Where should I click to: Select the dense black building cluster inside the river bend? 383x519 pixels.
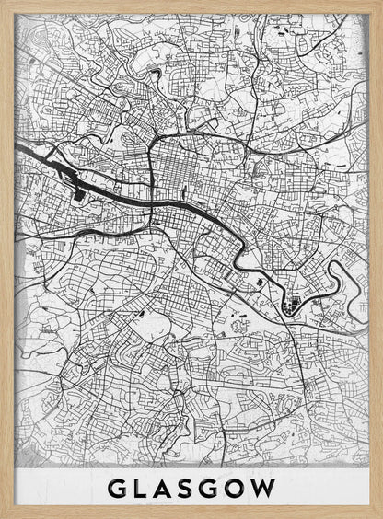click(294, 305)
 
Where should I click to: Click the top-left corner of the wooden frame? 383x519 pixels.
click(3, 3)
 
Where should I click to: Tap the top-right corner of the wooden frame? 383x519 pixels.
click(379, 3)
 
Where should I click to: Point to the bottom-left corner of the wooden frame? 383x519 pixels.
click(3, 515)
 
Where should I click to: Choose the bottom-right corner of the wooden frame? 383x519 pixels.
click(379, 515)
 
